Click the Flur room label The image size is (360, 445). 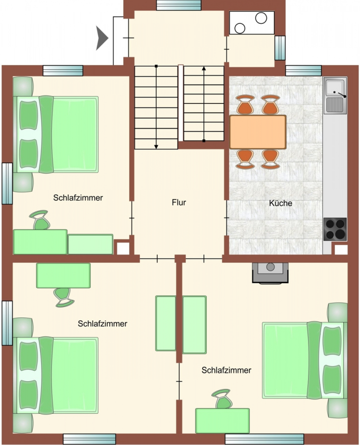179,202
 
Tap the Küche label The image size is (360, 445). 280,203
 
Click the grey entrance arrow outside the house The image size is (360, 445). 102,38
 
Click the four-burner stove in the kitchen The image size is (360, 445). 335,229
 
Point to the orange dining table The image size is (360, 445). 258,132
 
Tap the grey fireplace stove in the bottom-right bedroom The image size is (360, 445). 270,273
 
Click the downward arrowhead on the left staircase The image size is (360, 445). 156,146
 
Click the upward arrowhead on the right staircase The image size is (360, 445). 204,68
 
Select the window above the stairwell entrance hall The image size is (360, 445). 179,5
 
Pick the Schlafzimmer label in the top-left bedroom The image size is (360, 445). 78,197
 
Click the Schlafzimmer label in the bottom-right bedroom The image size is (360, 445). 226,370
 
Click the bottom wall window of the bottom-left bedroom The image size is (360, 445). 90,439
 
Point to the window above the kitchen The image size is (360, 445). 304,71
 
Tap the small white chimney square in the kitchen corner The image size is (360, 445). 341,250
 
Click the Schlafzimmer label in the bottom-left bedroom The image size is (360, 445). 102,323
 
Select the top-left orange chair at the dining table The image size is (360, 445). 245,104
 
